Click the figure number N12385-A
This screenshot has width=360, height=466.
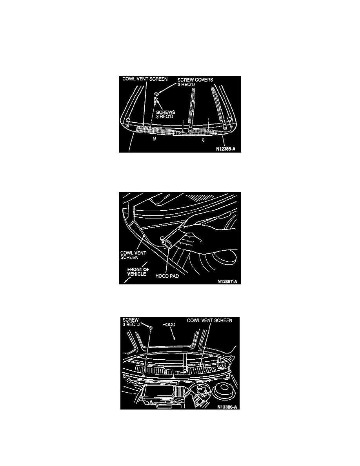click(x=226, y=149)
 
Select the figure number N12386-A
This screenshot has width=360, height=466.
click(x=227, y=407)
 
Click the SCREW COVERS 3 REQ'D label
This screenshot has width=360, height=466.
click(x=195, y=82)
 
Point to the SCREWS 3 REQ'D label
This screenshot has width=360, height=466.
click(x=165, y=115)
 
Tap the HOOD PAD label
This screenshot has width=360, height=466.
click(x=167, y=276)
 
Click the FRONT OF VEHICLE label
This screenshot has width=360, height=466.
click(x=138, y=271)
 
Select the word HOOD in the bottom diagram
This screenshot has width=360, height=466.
click(x=169, y=324)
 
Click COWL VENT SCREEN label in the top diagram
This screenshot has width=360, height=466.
click(x=145, y=79)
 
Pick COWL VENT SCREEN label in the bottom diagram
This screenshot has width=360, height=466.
click(x=209, y=320)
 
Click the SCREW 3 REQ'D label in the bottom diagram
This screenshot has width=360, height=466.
click(x=131, y=322)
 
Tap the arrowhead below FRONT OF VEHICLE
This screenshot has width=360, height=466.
click(x=126, y=281)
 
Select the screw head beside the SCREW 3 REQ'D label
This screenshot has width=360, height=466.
click(x=151, y=328)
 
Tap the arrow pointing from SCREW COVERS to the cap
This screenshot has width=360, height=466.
click(x=168, y=89)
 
